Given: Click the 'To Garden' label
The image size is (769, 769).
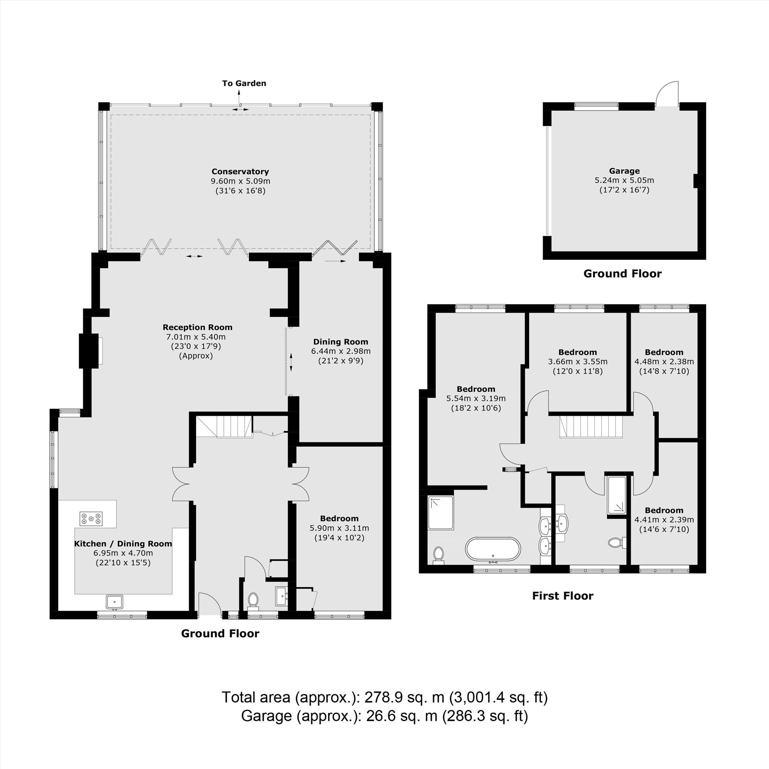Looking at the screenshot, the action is click(x=244, y=83).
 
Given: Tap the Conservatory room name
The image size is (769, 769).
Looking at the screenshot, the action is click(x=240, y=171).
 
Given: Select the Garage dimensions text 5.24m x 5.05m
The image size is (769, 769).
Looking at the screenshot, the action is click(x=624, y=180).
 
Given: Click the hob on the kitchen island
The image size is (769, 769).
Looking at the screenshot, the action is click(x=91, y=518).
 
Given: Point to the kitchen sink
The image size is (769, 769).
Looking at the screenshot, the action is click(x=115, y=601).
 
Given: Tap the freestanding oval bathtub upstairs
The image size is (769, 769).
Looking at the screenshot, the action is click(x=493, y=550).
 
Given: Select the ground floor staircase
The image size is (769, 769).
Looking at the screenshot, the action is click(x=224, y=427).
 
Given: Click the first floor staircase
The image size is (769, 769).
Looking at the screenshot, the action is click(x=591, y=427).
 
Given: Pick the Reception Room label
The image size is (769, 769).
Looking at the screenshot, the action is click(x=197, y=327).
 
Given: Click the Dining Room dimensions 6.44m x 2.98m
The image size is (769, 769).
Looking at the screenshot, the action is click(x=341, y=351).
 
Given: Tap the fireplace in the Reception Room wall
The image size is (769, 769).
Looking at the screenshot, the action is click(x=89, y=351).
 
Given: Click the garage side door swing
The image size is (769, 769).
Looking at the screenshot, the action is click(x=667, y=94).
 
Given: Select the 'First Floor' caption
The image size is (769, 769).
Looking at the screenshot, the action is click(x=563, y=596).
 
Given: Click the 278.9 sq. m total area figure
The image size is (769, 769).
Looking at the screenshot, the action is click(x=404, y=697).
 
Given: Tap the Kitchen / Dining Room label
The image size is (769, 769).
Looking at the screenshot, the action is click(x=123, y=544).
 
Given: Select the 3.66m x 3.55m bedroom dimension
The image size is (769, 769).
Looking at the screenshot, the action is click(x=578, y=362).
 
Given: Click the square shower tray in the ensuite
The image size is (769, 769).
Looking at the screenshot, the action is click(x=441, y=513).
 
